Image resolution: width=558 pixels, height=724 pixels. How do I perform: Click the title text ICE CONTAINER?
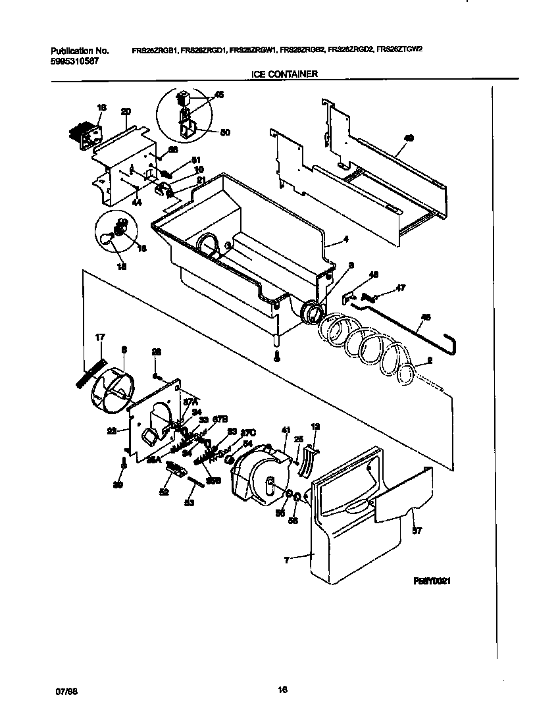tap(284, 74)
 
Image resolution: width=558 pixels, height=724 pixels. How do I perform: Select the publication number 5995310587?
tap(75, 61)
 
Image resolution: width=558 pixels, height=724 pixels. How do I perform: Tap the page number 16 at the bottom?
tap(282, 690)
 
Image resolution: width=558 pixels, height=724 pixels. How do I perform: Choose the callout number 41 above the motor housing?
tap(286, 429)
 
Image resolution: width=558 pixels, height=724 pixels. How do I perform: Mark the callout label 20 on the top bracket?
tap(125, 112)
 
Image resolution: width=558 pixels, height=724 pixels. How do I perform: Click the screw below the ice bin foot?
tap(278, 356)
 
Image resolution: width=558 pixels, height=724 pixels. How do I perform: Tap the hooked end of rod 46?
tap(453, 342)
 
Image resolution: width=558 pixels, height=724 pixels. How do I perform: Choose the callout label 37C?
tap(247, 432)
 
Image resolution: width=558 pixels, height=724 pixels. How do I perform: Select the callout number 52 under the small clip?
tap(163, 492)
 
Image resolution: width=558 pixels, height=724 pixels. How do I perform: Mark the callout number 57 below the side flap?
tap(415, 530)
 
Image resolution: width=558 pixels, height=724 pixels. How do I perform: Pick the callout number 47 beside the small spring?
tap(399, 288)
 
